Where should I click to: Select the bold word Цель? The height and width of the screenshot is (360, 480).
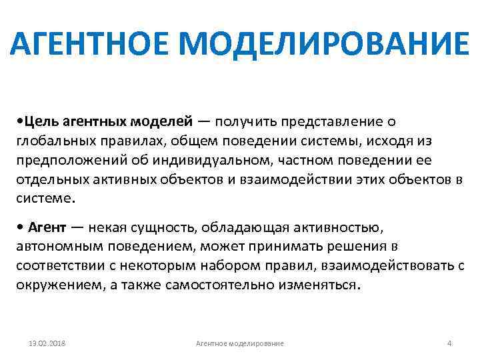pos(41,121)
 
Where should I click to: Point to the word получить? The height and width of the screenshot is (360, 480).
pos(247,121)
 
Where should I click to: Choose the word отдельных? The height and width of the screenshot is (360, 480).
pos(48,179)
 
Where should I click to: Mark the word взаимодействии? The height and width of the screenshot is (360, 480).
pos(311,179)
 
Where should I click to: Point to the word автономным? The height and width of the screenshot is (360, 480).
pos(54,246)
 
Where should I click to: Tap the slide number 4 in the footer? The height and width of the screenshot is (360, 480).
pos(449,343)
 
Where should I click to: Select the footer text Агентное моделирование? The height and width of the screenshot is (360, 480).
pos(240,343)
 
